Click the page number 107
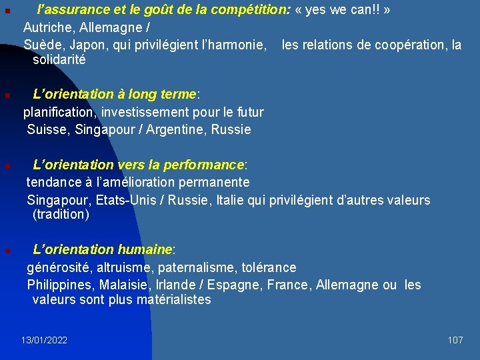point(455,340)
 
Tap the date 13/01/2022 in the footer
point(44,340)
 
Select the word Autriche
point(46,28)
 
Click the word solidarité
point(59,59)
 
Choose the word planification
point(59,112)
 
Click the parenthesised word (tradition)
point(61,214)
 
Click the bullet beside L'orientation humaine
point(6,251)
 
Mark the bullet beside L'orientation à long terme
point(6,95)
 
